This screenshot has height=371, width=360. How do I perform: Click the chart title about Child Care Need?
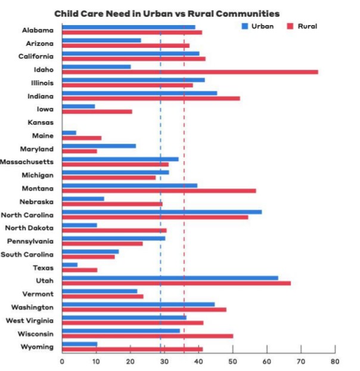[x=167, y=13]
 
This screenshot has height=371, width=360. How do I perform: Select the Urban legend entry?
[x=257, y=26]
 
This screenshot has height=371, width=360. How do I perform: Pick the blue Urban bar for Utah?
[x=170, y=277]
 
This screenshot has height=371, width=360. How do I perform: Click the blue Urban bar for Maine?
[x=69, y=132]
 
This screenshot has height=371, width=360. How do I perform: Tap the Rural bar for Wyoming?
[x=132, y=349]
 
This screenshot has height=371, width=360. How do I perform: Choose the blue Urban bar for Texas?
[x=70, y=264]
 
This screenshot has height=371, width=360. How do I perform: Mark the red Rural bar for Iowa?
[x=97, y=112]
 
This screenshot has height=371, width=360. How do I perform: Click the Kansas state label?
[x=41, y=122]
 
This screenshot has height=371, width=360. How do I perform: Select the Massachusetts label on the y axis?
[x=27, y=162]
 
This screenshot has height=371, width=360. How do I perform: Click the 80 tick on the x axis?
[x=335, y=360]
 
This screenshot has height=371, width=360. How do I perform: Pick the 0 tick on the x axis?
[x=62, y=360]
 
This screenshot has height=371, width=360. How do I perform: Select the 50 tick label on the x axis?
[x=232, y=360]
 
